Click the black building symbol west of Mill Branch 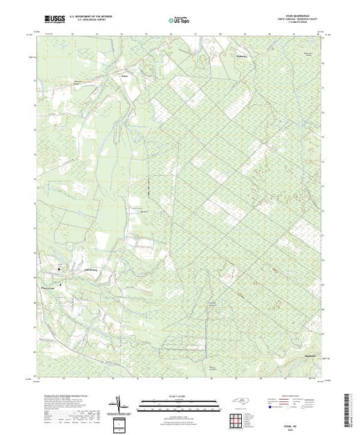[59, 268]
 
